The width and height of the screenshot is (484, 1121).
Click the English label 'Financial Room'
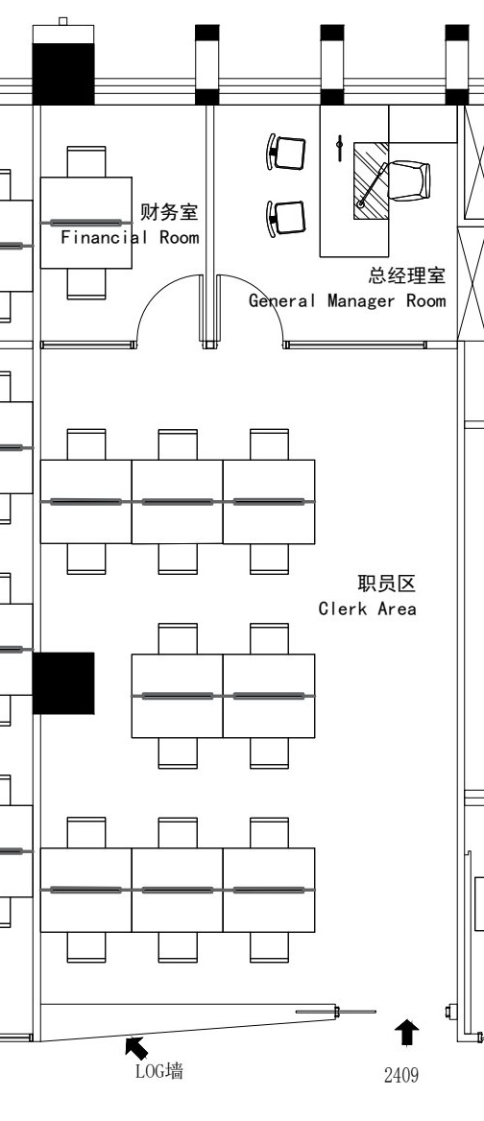coord(130,237)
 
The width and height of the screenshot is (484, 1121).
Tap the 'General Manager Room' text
coord(348,301)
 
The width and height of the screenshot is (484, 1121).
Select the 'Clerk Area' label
coord(368,609)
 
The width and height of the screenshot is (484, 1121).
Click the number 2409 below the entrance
coord(401,1075)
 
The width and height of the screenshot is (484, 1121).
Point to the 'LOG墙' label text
coord(158,1071)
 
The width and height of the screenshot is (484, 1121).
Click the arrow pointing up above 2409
coord(407,1033)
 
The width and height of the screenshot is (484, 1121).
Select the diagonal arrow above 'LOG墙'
coord(136,1048)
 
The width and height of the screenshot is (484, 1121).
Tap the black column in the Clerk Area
coord(63,682)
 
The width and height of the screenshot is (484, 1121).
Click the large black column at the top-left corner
coord(63,74)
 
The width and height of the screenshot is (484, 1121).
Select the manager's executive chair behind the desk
coord(409,180)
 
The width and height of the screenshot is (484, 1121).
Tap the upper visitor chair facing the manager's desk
coord(286,153)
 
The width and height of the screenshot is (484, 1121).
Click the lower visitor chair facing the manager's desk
coord(286,219)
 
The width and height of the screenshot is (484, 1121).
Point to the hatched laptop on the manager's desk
coord(371,180)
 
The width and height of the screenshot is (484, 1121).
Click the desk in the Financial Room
coord(85,223)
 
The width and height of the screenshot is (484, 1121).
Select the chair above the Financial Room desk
coord(86,161)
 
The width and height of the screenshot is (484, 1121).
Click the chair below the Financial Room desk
coord(86,284)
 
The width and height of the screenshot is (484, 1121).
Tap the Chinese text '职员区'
coord(387,584)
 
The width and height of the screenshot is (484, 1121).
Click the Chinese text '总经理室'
coord(407,275)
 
